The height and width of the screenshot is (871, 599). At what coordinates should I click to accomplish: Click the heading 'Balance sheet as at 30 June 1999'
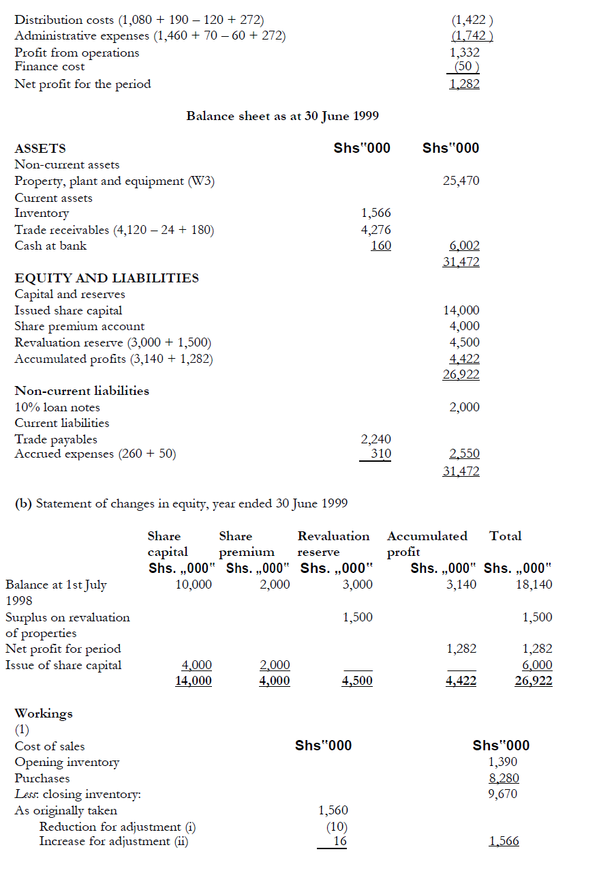tap(282, 116)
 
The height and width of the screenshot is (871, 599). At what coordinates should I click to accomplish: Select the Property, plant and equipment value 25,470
tap(461, 181)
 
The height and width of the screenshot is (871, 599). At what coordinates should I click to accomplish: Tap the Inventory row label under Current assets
tap(42, 213)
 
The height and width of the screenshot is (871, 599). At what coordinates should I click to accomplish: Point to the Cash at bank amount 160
tap(381, 246)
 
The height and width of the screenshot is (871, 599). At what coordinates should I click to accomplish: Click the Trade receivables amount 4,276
tap(376, 230)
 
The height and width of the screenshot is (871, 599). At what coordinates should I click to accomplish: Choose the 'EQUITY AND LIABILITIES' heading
tap(107, 278)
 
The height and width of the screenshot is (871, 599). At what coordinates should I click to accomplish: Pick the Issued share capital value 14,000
tap(461, 310)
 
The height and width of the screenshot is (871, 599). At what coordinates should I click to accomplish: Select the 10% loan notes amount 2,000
tap(464, 407)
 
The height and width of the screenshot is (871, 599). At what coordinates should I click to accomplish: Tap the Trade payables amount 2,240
tap(375, 440)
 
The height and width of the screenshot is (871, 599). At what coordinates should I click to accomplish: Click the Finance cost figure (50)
tap(467, 67)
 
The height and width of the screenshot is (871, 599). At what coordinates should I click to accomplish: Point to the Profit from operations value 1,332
tap(465, 53)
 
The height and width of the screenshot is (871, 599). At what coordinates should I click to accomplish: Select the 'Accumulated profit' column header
tap(427, 544)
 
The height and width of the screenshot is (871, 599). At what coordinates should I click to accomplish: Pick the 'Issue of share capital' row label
tap(63, 665)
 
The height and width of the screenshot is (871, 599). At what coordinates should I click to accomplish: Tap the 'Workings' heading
tap(44, 713)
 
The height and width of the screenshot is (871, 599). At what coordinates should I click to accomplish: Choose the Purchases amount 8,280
tap(504, 778)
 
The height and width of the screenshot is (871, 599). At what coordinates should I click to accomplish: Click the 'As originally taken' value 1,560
tap(333, 810)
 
